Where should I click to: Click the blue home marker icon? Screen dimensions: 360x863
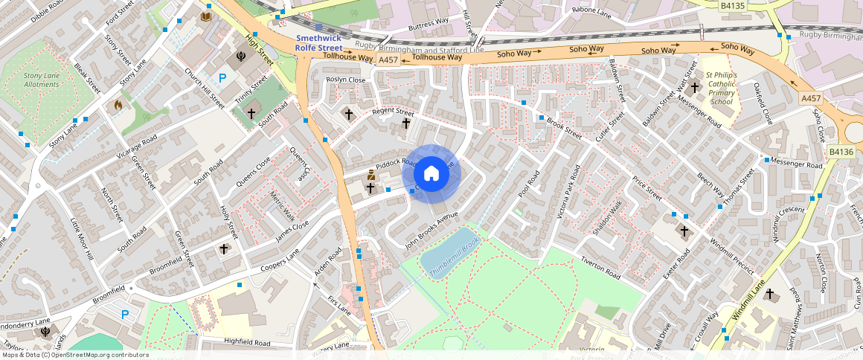pyautogui.click(x=431, y=174)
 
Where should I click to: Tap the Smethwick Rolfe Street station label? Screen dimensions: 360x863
pyautogui.click(x=319, y=43)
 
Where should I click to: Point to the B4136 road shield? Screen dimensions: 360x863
pyautogui.click(x=841, y=152)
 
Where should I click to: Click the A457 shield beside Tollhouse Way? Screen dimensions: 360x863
pyautogui.click(x=388, y=60)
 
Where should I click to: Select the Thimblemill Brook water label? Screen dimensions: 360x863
pyautogui.click(x=455, y=259)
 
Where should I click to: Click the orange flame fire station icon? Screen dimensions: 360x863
pyautogui.click(x=118, y=106)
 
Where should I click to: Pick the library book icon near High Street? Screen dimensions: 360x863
pyautogui.click(x=206, y=16)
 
